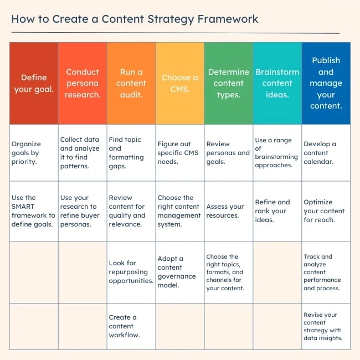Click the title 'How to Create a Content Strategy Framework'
(x=135, y=19)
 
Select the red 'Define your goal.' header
(x=34, y=83)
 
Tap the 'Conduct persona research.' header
(x=83, y=83)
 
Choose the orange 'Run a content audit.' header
(x=131, y=83)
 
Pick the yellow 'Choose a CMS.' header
(x=180, y=83)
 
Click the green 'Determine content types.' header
(x=229, y=83)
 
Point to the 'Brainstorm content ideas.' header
(x=277, y=83)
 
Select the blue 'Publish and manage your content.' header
(x=326, y=83)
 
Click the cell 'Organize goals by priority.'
(x=34, y=153)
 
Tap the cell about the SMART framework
(x=34, y=211)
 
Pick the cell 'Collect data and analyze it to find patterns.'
(x=83, y=153)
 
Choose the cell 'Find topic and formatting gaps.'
(x=131, y=153)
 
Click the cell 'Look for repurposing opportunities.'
(x=131, y=272)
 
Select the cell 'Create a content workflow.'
(x=131, y=326)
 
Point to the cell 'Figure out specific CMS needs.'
(x=180, y=153)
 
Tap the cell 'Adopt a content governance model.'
(x=180, y=272)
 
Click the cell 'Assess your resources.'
(x=229, y=211)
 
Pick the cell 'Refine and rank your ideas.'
(x=277, y=211)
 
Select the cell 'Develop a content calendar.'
(x=326, y=153)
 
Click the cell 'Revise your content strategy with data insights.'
(x=326, y=326)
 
